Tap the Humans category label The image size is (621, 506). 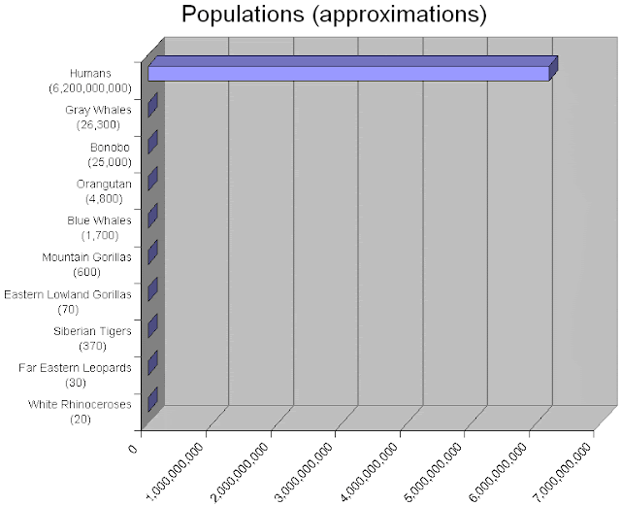90,80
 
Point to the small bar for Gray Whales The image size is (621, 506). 152,107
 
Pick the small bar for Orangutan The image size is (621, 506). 152,180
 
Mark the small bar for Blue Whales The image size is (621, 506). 152,217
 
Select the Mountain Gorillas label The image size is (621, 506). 87,263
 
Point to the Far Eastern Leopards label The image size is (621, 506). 76,374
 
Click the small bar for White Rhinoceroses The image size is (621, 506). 152,400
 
